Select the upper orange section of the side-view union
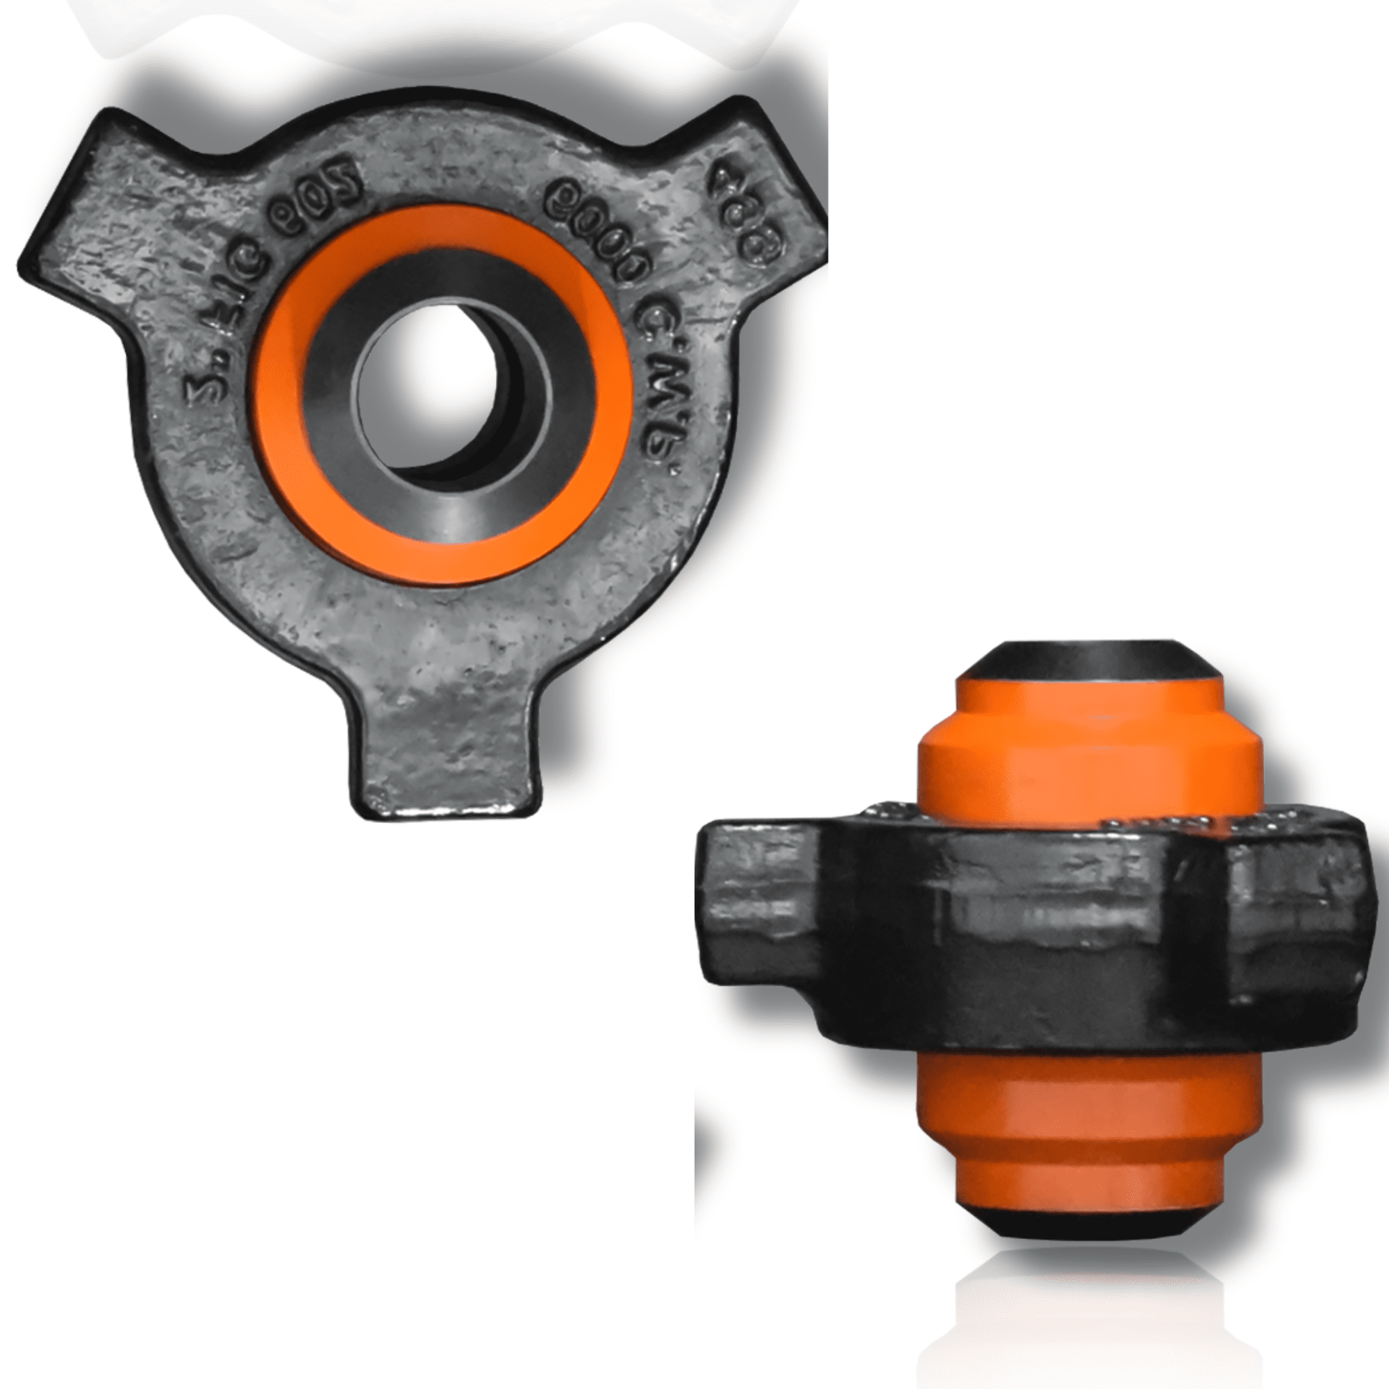coord(1089,770)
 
